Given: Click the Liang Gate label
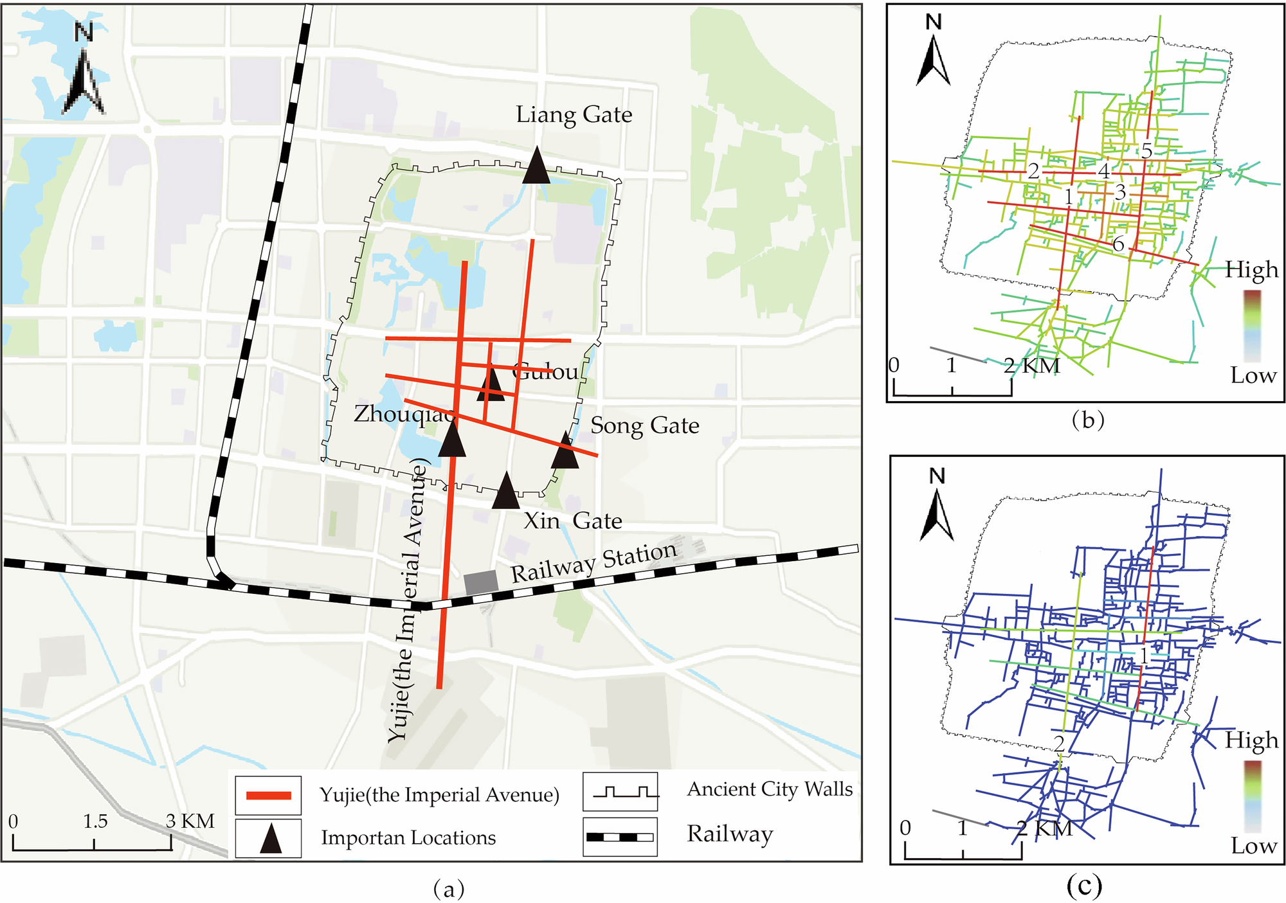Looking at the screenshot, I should tap(574, 114).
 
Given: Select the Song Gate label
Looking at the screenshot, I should tap(644, 425).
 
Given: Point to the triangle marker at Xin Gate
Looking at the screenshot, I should tap(505, 492).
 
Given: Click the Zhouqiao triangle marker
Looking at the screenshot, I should tap(452, 440).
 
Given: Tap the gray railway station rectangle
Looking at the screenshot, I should tap(481, 582).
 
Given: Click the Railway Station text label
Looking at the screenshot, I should tap(594, 562).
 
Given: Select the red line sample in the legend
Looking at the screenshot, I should tap(268, 796).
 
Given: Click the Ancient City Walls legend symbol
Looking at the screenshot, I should tap(621, 791).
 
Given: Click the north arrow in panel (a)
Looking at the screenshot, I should tap(84, 77).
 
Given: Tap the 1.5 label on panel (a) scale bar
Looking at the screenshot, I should tap(95, 821).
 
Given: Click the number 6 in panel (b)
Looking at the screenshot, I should tap(1118, 244).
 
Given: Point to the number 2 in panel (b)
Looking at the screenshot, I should tap(1033, 171).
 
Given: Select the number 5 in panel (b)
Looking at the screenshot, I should tap(1146, 151).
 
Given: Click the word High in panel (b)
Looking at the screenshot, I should tap(1251, 269).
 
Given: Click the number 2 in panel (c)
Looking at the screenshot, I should tap(1058, 744).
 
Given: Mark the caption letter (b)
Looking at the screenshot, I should tap(1088, 420).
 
